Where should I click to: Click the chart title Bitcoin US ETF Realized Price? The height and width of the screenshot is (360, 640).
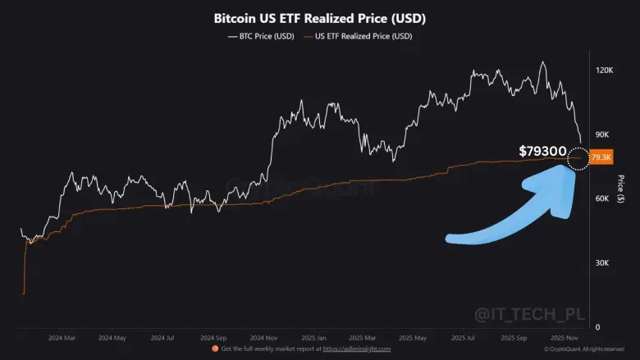319,17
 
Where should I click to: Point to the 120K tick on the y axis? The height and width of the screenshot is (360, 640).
604,71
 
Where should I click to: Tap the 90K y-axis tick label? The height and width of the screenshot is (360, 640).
603,134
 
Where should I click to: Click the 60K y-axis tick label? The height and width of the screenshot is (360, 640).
603,199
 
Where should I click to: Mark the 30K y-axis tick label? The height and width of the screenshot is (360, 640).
603,263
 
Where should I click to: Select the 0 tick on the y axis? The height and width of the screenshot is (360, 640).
597,327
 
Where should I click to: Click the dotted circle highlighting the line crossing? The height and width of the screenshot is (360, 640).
578,156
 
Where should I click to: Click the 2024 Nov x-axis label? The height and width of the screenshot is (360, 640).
264,337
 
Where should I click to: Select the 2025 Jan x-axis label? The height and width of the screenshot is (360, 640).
315,337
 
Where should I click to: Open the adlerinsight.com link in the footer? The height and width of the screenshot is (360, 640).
357,349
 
